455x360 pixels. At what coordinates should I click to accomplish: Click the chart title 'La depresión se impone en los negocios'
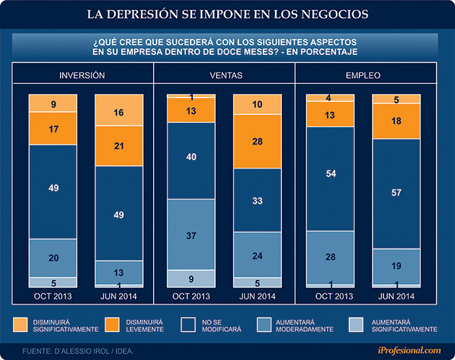click(x=227, y=14)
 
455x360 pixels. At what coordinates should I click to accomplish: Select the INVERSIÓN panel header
click(x=82, y=75)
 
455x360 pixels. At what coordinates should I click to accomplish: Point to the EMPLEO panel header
click(x=364, y=75)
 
